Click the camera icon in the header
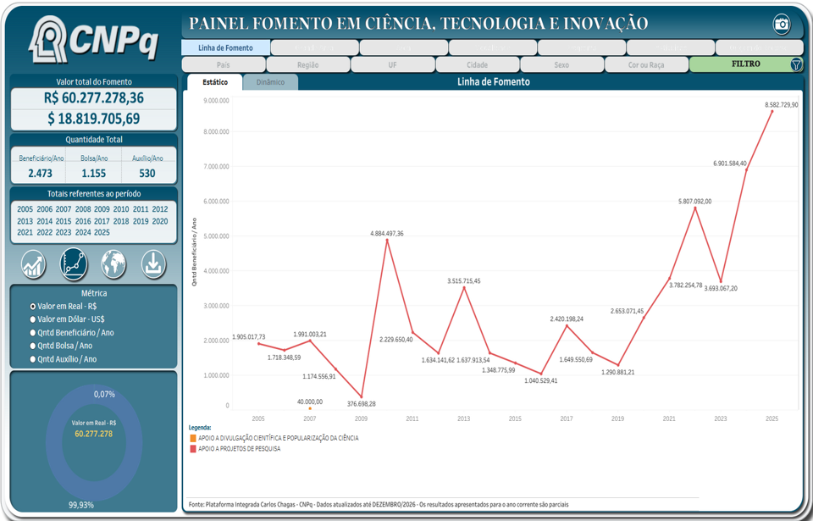[x=782, y=25]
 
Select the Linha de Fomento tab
[x=225, y=47]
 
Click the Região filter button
[x=308, y=64]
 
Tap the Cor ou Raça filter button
[x=646, y=64]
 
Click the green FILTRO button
[x=745, y=64]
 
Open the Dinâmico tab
[x=270, y=82]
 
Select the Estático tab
[x=214, y=82]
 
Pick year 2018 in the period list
[x=121, y=221]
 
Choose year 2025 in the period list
[x=102, y=232]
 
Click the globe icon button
[x=113, y=264]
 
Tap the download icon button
[x=153, y=264]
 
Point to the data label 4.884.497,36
[x=387, y=233]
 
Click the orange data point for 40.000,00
[x=310, y=409]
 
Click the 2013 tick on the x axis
[x=463, y=418]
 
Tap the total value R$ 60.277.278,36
[x=94, y=98]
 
